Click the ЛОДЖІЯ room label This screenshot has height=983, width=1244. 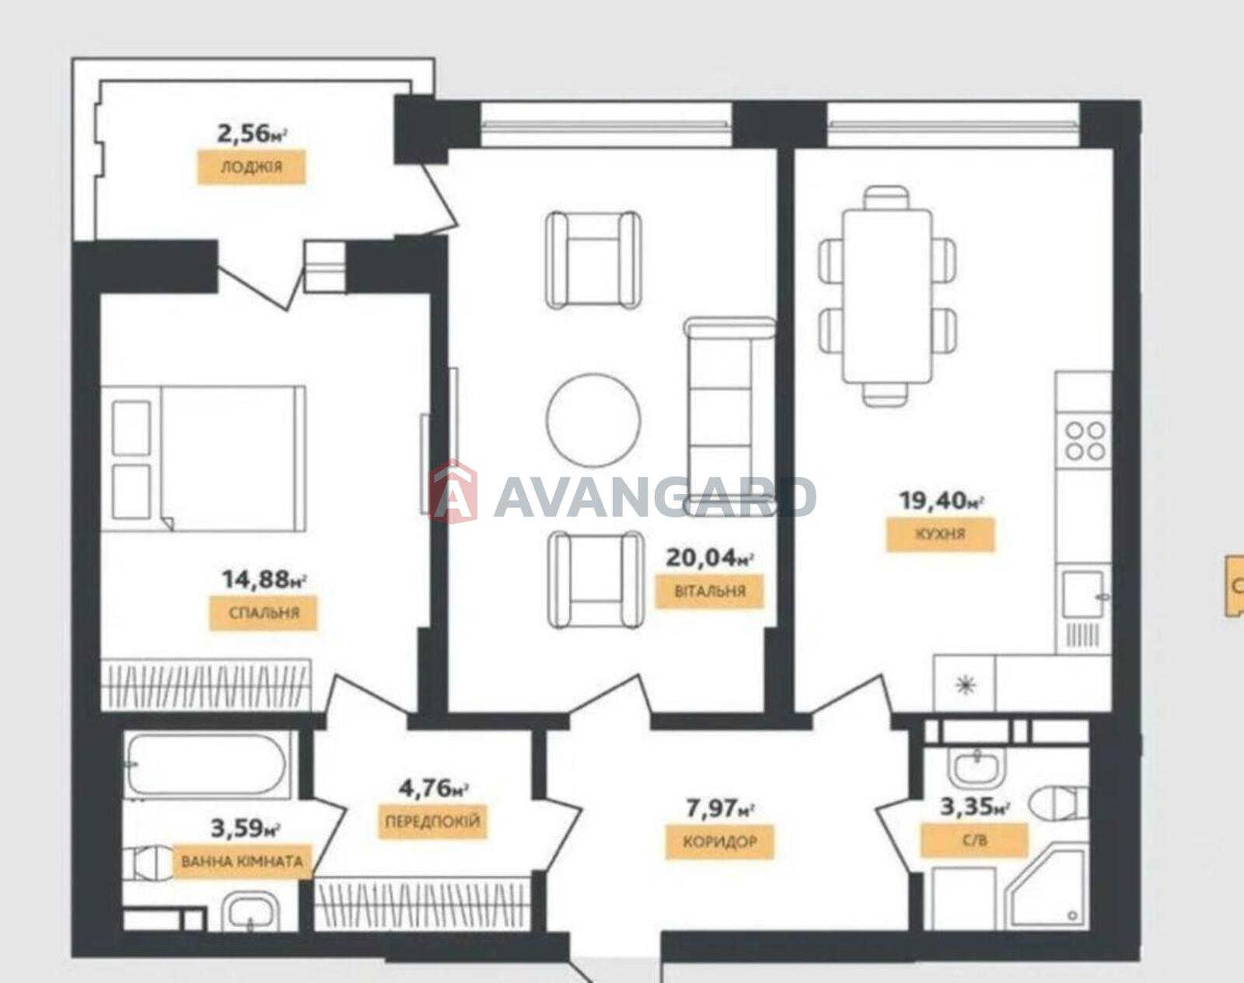click(251, 168)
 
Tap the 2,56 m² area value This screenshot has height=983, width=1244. click(252, 134)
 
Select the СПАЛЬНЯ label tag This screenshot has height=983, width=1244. click(264, 612)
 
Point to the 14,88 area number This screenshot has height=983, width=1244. click(264, 579)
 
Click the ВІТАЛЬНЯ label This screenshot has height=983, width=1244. click(709, 591)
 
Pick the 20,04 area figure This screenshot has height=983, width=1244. click(710, 558)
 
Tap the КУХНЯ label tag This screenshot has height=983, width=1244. click(941, 534)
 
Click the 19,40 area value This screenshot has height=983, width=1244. click(941, 500)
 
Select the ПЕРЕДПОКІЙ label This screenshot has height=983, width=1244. click(432, 821)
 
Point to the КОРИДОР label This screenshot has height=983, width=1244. click(720, 842)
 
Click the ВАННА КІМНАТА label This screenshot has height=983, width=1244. click(243, 862)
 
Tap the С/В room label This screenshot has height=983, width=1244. click(975, 840)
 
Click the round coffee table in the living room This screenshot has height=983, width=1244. click(593, 420)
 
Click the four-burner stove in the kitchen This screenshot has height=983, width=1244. click(1085, 441)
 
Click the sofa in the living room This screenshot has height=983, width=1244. click(729, 416)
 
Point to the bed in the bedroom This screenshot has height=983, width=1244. click(203, 458)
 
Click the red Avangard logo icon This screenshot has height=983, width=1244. click(453, 492)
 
